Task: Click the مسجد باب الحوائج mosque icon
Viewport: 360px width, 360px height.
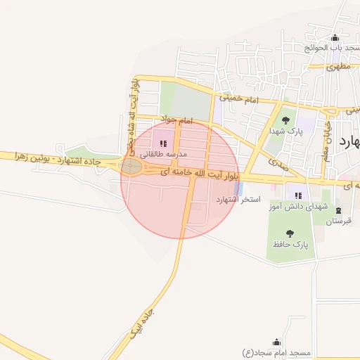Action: point(335,38)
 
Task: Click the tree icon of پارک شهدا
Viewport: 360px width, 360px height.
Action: point(285,120)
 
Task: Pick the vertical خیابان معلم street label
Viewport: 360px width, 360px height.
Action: point(326,138)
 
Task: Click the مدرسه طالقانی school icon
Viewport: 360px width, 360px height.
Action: point(163,143)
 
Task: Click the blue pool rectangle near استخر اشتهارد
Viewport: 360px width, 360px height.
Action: point(239,188)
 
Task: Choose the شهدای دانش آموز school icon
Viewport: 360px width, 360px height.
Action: point(298,195)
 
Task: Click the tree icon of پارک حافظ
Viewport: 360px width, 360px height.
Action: point(290,233)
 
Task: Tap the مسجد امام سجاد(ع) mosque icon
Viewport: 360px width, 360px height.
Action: point(276,342)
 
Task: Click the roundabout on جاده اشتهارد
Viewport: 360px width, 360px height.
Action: point(131,167)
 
